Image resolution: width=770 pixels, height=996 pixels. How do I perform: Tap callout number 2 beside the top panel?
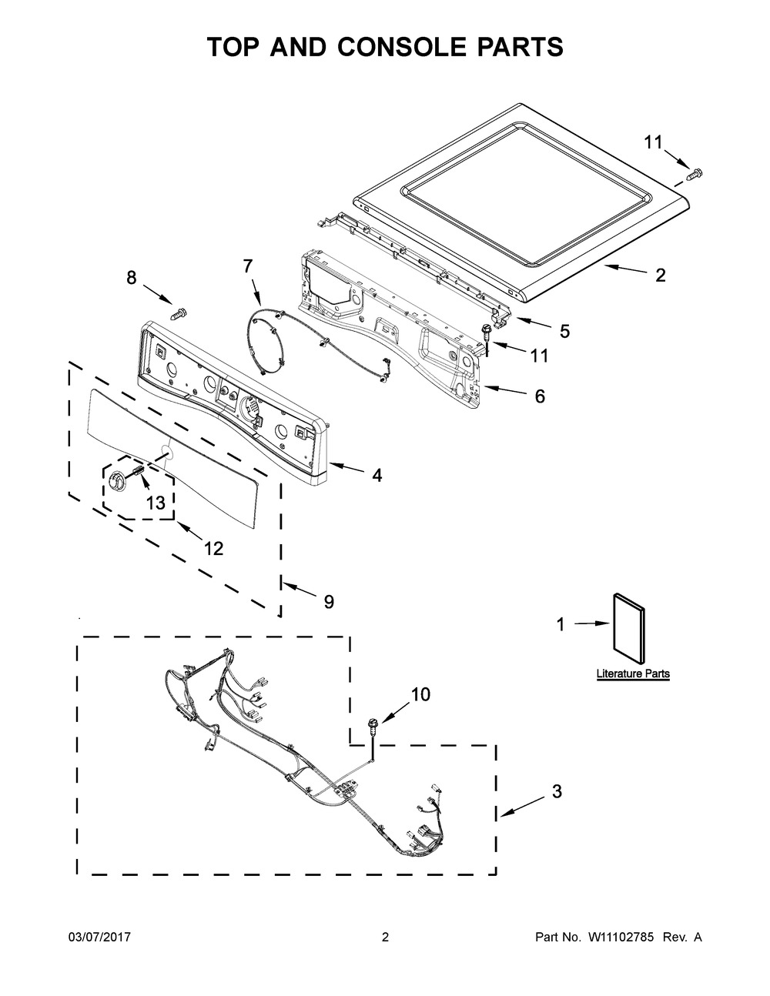tap(660, 276)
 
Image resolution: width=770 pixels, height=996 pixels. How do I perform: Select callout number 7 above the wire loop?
tap(247, 266)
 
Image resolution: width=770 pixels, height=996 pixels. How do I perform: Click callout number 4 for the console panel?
tap(377, 476)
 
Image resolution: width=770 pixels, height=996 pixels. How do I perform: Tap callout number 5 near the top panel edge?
tap(564, 331)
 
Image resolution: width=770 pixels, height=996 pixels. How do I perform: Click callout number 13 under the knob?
tap(156, 503)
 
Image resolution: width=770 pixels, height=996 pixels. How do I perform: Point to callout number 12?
tap(213, 548)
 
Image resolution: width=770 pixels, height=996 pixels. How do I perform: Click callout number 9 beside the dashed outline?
tap(329, 601)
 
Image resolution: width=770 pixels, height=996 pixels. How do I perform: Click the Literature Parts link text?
tap(633, 673)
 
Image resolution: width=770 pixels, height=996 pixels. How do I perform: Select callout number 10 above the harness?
tap(420, 694)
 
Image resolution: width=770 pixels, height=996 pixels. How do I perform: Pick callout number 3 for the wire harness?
tap(557, 791)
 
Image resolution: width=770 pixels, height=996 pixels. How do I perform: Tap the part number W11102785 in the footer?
tap(621, 938)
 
